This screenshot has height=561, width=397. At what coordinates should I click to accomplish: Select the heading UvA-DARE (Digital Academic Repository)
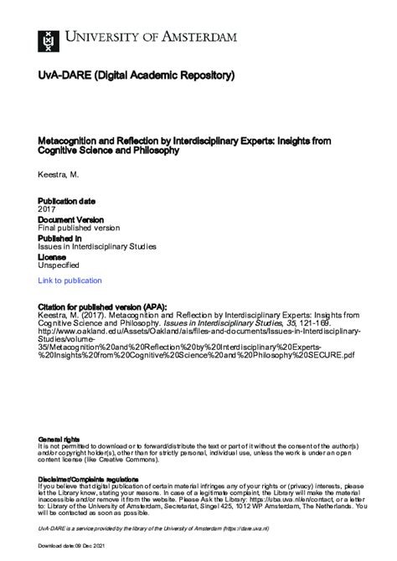coord(137,75)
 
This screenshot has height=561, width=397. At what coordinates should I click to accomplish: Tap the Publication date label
coord(67,201)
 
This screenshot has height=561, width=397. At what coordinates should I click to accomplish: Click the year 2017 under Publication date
coord(47,209)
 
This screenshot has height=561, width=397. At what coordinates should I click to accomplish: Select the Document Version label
coord(71,219)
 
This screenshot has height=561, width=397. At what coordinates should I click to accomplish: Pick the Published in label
coord(59,238)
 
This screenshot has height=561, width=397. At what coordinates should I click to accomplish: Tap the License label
coord(52,256)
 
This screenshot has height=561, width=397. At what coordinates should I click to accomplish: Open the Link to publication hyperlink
coord(70,280)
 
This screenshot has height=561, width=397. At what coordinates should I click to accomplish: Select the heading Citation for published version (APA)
coord(103,306)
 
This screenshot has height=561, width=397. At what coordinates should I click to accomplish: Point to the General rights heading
coord(59,439)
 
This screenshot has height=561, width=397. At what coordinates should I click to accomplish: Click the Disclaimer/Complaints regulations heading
coord(91,478)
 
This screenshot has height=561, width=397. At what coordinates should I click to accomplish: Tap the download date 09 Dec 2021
coord(94,546)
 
